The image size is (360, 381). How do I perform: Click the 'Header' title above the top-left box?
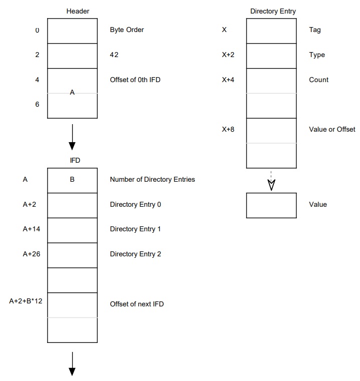point(78,11)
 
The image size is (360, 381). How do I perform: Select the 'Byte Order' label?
point(127,30)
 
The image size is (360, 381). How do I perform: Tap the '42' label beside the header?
point(114,55)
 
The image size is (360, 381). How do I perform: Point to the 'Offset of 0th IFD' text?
point(135,80)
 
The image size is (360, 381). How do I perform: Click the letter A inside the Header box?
point(72,92)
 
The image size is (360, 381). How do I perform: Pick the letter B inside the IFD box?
point(72,179)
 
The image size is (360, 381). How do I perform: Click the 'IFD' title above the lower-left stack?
point(75,160)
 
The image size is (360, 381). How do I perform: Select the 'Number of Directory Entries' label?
point(152,179)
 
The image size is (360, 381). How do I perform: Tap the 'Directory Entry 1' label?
point(135,229)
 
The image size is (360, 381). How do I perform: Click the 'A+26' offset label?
point(32,254)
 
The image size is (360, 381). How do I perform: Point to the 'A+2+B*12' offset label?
point(26,301)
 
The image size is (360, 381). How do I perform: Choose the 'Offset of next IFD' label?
point(137,304)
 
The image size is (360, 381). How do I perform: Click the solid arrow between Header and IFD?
point(72,137)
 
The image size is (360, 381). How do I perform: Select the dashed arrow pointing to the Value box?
point(271,181)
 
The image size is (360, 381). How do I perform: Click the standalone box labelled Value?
point(271,206)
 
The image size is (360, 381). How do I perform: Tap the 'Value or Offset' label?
point(332,129)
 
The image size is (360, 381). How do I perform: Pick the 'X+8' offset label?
point(228,129)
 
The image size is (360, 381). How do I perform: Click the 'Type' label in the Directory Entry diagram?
point(317,55)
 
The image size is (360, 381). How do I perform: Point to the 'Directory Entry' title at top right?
point(273,12)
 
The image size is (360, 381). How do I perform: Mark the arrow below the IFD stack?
point(72,364)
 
